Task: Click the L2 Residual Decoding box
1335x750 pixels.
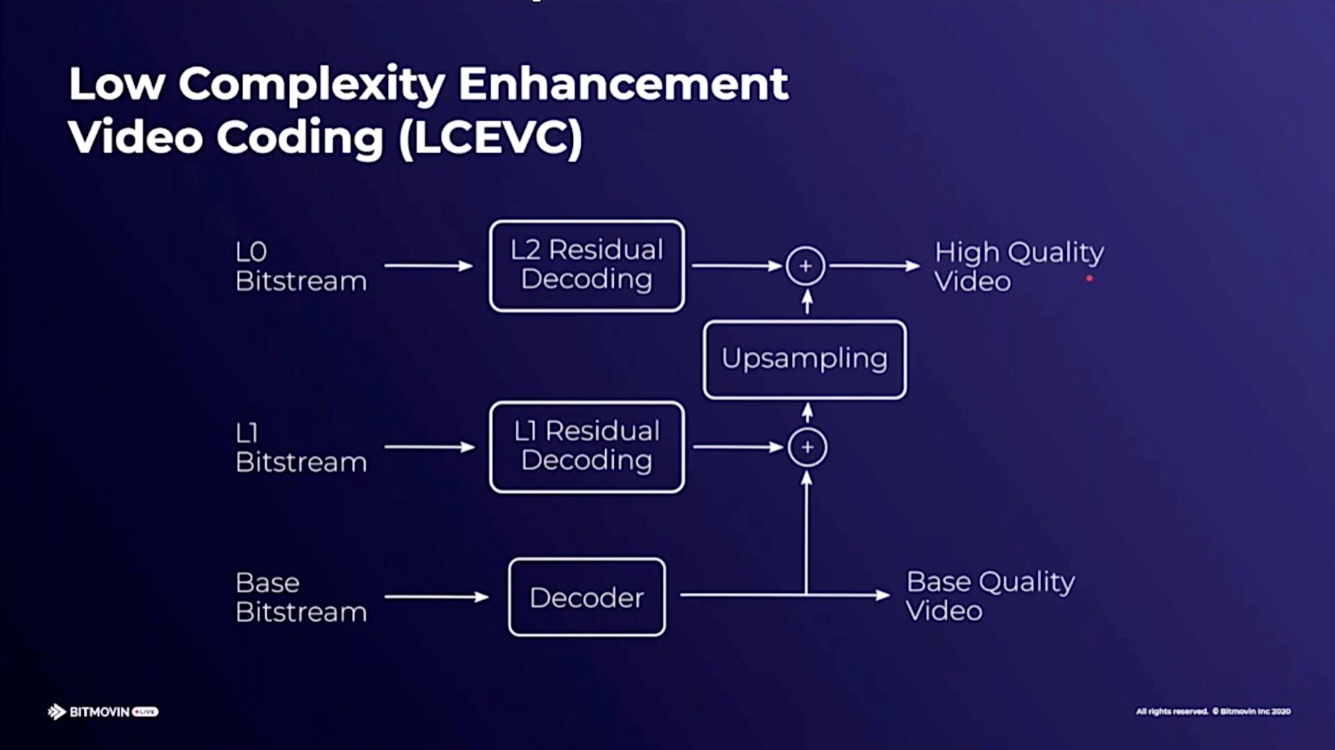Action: coord(587,266)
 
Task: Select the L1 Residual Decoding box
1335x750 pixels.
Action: coord(587,447)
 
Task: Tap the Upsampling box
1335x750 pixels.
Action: coord(805,360)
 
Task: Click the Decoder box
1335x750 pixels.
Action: coord(587,597)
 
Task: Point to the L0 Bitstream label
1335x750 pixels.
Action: coord(301,266)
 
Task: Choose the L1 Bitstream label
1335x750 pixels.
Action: coord(301,448)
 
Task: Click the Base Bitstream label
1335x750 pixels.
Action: coord(301,597)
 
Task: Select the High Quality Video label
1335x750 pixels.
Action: coord(1019,266)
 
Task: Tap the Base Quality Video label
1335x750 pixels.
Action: coord(991,596)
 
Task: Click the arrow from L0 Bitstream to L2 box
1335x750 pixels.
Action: coord(429,266)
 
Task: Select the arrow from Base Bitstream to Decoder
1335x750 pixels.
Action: coord(436,597)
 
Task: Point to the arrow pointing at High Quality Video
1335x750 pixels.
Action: coord(875,266)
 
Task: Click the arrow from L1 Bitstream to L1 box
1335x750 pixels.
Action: coord(429,447)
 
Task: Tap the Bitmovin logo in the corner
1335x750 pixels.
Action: coord(103,712)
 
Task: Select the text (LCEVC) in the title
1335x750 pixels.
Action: coord(491,138)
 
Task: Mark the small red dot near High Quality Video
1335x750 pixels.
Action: coord(1089,279)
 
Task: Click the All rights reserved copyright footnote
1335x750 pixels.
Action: coord(1213,712)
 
